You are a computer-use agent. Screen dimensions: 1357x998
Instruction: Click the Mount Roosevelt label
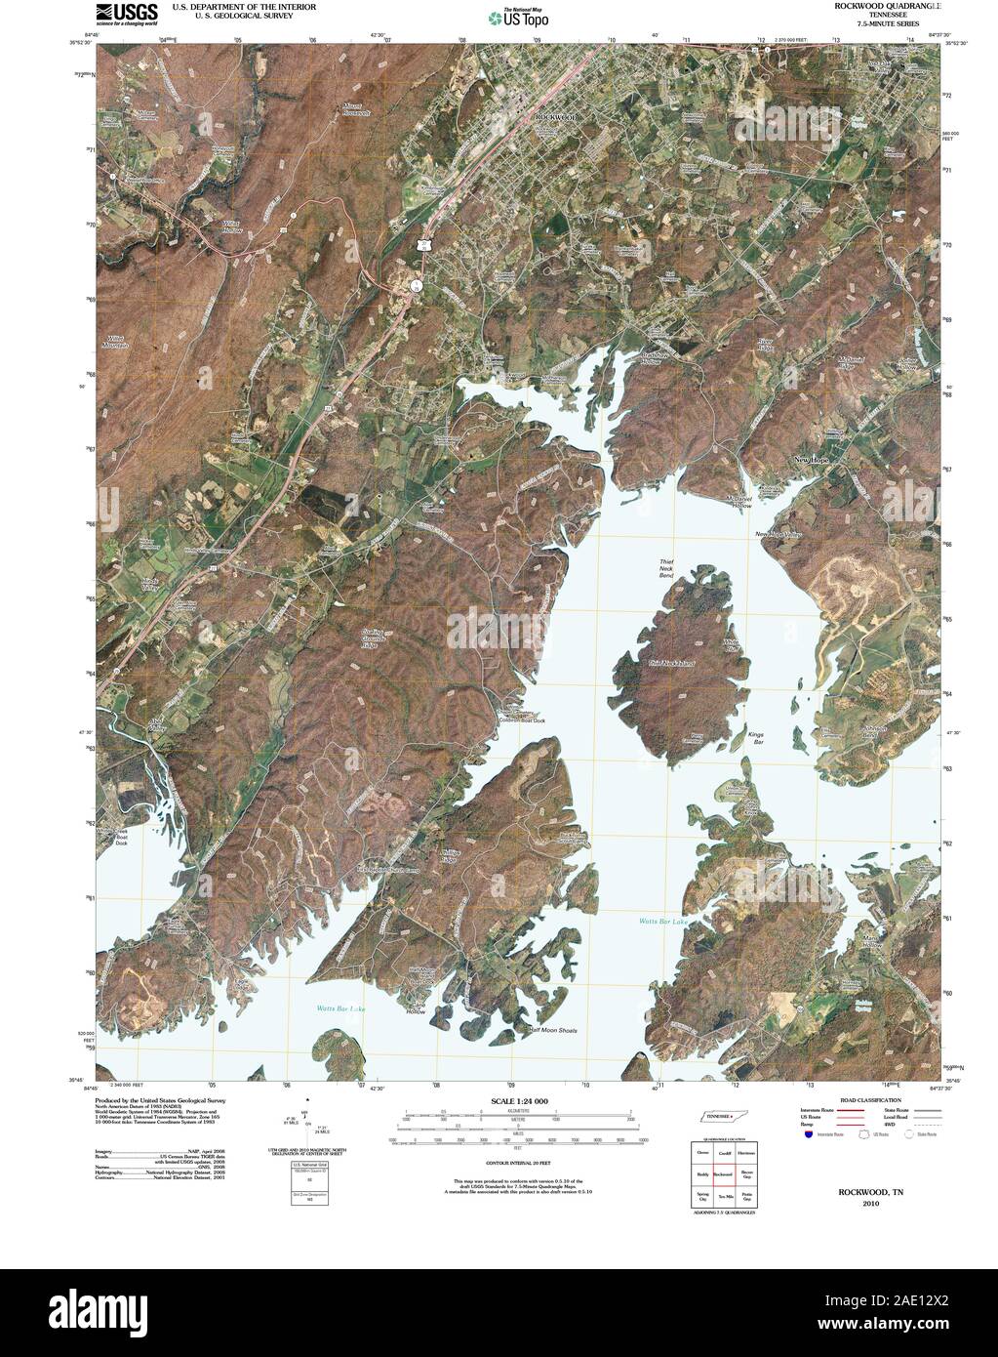pos(357,109)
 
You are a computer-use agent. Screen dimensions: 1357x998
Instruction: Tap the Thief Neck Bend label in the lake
pos(667,569)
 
